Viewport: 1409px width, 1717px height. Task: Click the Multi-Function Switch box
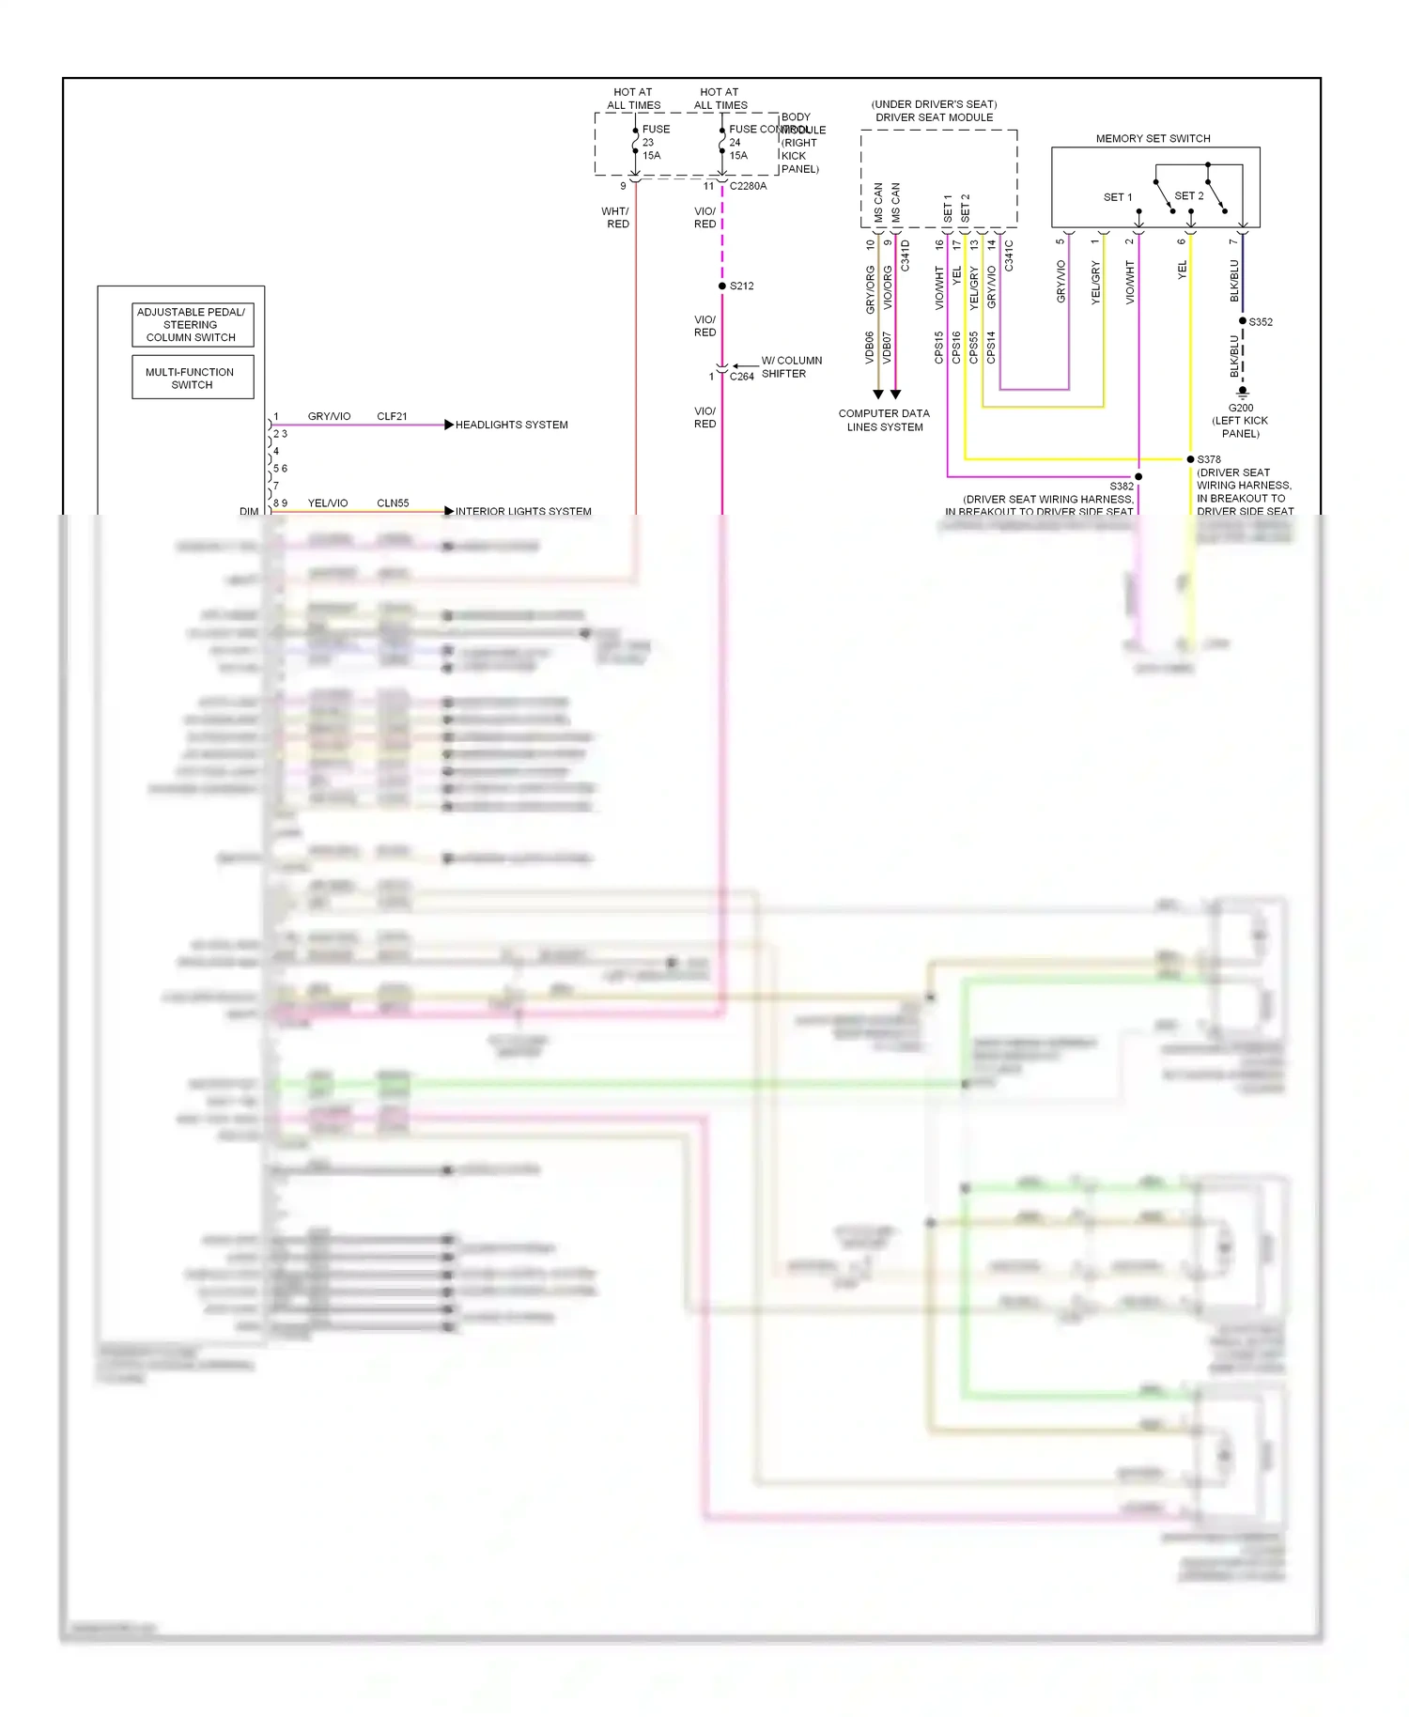click(192, 378)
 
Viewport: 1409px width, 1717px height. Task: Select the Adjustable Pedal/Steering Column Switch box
click(192, 324)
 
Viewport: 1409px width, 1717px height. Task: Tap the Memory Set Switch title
click(1153, 138)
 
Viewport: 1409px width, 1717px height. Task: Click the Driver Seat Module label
click(934, 117)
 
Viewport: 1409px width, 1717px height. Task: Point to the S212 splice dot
click(721, 286)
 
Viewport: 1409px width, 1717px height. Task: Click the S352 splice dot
click(1243, 321)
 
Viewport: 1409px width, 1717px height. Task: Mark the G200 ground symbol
click(1243, 392)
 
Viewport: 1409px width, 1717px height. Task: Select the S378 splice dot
click(1190, 459)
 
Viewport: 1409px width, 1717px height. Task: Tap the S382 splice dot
click(1138, 477)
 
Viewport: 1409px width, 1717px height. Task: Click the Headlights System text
click(511, 425)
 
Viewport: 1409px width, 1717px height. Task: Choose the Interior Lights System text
click(523, 511)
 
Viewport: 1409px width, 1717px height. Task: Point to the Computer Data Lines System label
click(884, 420)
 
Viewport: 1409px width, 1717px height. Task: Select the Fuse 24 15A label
click(738, 149)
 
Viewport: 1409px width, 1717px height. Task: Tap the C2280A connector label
click(748, 186)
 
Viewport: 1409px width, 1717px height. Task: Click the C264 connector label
click(741, 377)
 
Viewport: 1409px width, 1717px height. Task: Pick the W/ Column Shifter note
click(790, 367)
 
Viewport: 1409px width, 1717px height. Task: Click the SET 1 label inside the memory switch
click(1117, 197)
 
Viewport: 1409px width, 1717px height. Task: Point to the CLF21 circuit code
click(392, 416)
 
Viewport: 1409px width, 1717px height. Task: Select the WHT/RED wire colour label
click(616, 218)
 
